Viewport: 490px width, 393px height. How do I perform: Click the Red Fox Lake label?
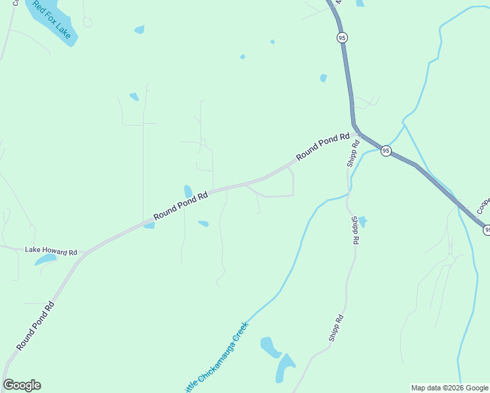click(52, 20)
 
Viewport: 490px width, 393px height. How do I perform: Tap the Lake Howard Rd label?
click(51, 251)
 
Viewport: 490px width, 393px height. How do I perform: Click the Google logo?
click(22, 385)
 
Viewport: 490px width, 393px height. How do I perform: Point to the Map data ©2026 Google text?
click(450, 388)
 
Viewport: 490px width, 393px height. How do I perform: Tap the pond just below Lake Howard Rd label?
click(46, 260)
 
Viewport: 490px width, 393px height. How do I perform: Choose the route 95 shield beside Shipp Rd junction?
click(386, 151)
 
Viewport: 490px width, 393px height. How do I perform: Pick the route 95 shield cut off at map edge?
click(487, 229)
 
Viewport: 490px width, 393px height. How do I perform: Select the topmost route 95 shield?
click(342, 38)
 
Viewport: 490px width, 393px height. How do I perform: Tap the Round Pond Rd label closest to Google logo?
click(35, 326)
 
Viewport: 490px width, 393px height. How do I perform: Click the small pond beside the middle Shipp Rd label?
click(362, 222)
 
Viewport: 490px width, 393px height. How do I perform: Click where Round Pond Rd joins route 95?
click(358, 133)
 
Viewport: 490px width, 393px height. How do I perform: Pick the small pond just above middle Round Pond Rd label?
click(189, 191)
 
